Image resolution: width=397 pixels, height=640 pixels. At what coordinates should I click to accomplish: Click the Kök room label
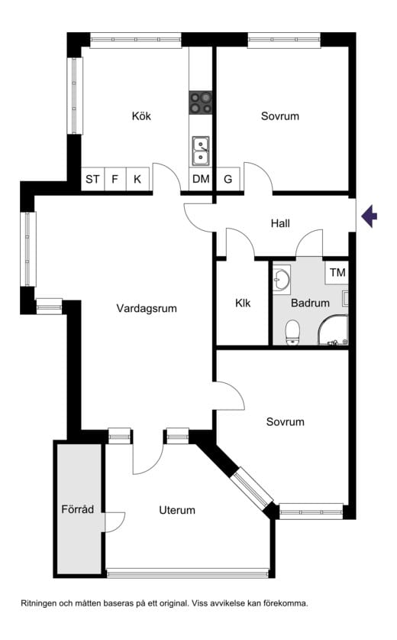point(141,116)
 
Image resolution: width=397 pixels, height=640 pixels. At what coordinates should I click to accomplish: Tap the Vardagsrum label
point(147,308)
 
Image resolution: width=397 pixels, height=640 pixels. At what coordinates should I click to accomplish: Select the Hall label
point(280,223)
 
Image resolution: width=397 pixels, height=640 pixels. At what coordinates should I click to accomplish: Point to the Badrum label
point(310,303)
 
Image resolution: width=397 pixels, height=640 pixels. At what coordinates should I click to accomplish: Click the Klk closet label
point(243,303)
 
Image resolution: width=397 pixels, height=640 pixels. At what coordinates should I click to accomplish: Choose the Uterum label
point(177,510)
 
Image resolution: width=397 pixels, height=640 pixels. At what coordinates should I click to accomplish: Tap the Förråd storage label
point(77,509)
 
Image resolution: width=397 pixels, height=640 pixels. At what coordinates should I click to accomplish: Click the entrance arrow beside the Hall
point(370,216)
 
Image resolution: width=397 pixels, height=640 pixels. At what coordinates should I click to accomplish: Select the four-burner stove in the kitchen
point(201,102)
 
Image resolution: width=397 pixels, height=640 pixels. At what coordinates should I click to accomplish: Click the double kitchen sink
point(201,151)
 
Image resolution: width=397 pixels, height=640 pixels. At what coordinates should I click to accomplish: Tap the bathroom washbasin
point(281,280)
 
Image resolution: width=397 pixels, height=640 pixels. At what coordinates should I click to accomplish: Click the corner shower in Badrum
point(333,330)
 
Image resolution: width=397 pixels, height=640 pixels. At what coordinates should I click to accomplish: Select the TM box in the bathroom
point(337,272)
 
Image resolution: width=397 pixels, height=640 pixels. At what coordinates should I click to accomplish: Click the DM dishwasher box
point(201,179)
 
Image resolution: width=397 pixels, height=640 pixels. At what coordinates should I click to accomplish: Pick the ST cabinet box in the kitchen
point(92,179)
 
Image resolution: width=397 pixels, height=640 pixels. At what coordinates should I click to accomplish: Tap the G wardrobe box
point(228,179)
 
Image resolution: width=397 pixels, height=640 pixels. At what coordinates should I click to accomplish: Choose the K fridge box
point(137,179)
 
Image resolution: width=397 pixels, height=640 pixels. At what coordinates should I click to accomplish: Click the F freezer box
point(115,179)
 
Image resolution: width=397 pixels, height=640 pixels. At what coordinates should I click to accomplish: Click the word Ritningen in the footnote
point(38,603)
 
